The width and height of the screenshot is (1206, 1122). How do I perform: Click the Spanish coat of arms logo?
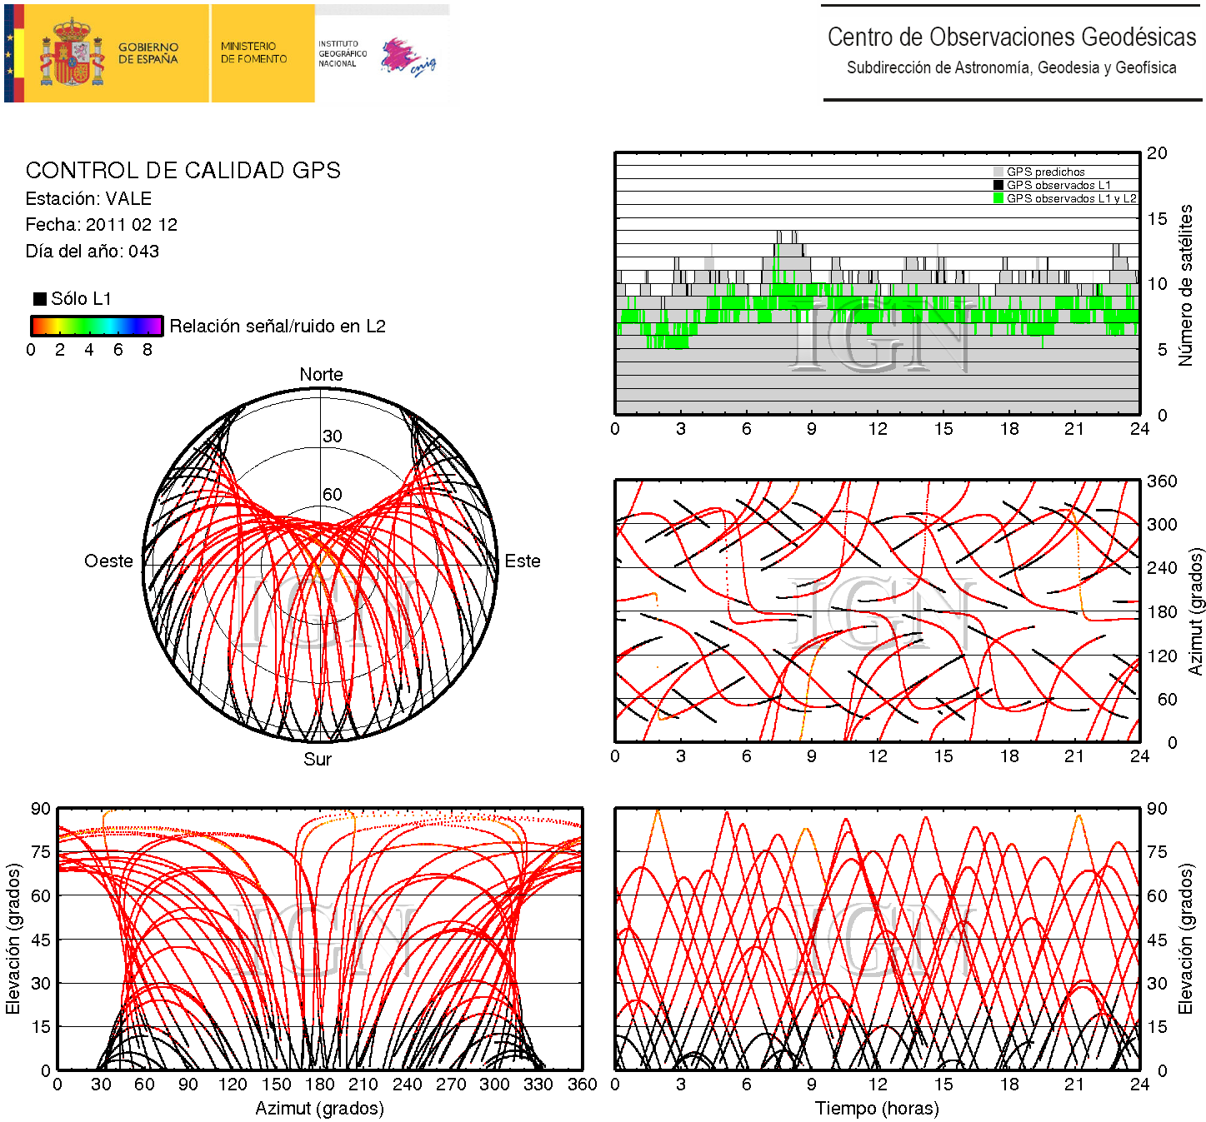point(73,53)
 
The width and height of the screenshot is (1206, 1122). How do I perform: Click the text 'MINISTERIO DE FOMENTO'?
point(253,52)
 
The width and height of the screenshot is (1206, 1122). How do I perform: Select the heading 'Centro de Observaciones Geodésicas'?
point(1011,37)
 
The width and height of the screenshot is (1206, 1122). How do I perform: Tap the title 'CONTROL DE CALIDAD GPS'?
point(183,171)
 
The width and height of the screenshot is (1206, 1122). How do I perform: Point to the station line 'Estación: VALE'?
point(88,199)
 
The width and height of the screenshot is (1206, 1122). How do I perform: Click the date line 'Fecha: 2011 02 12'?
point(101,225)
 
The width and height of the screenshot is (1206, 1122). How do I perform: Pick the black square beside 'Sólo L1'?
point(40,299)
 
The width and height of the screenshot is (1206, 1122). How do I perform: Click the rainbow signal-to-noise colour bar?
point(97,326)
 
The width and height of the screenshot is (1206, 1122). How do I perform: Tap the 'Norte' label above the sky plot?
point(321,375)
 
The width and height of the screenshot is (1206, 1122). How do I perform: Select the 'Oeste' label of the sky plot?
point(108,561)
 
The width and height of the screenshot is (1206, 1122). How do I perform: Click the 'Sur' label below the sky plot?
point(318,760)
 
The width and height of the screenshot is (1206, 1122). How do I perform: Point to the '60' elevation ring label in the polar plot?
point(333,495)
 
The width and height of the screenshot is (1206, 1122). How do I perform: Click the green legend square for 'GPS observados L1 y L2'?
point(998,198)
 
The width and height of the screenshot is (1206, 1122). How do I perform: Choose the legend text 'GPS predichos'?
point(1045,172)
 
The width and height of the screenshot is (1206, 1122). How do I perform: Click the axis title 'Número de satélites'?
point(1185,285)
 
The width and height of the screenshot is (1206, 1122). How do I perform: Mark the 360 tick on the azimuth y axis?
point(1162,481)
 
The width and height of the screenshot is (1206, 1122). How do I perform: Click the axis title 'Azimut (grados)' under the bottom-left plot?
point(319,1109)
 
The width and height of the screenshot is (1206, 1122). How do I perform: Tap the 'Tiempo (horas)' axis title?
point(877,1109)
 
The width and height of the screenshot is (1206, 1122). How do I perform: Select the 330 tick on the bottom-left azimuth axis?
point(538,1085)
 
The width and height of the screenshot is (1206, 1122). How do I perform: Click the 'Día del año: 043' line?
point(92,252)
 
